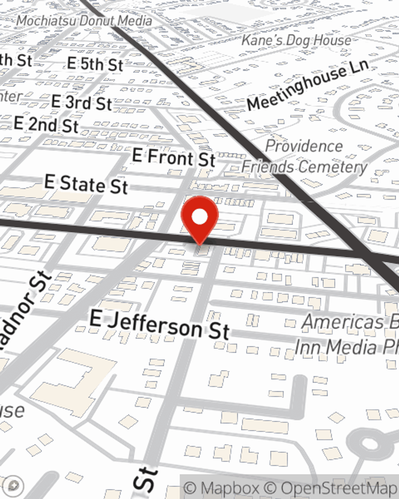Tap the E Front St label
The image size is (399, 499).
point(174,158)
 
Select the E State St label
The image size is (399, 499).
point(86,184)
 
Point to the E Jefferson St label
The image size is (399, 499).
point(160,325)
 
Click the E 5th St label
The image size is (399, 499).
point(95,64)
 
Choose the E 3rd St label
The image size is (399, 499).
point(81,103)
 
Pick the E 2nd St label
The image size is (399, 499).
point(46,125)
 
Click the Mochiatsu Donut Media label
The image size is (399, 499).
point(84,21)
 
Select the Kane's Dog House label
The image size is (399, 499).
point(296,40)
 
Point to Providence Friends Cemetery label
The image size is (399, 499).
point(304,156)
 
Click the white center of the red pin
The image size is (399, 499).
point(199,217)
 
